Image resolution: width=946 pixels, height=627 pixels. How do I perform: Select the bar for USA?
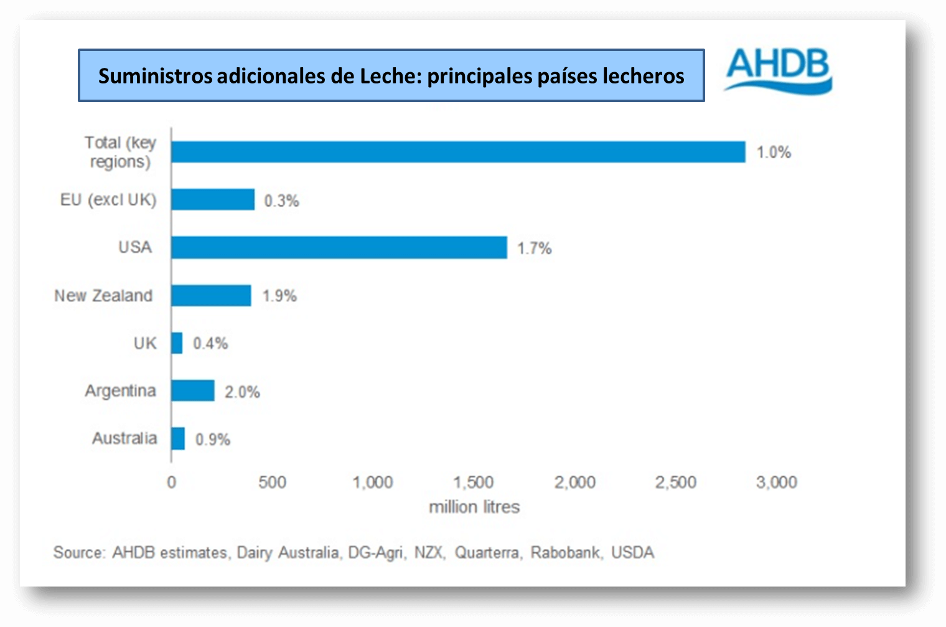pos(339,248)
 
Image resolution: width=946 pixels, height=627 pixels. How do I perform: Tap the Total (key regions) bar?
pos(458,152)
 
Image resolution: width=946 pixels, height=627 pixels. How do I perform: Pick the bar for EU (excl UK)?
pos(213,200)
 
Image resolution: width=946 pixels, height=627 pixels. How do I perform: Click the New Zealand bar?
pos(211,296)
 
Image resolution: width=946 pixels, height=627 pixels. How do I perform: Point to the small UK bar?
pos(177,343)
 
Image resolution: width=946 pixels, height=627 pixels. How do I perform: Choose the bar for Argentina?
pos(193,391)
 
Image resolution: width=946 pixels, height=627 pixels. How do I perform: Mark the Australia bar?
pos(178,438)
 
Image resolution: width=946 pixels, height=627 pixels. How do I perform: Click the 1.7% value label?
pos(535,248)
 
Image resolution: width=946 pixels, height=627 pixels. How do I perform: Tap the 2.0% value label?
pos(242,392)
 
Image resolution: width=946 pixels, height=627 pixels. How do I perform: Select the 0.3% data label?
pos(281,201)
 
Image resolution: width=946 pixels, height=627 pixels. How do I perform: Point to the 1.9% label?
pos(279,296)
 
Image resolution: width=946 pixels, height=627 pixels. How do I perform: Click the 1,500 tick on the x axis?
pos(474,483)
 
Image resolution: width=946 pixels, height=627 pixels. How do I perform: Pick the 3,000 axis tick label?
pos(777,483)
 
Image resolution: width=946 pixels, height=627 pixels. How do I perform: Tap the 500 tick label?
pos(273,483)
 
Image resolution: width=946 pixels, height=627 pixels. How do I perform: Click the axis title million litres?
pos(474,507)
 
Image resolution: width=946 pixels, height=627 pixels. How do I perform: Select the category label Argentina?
pos(120,391)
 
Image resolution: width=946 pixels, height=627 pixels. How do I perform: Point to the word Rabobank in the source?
pos(566,553)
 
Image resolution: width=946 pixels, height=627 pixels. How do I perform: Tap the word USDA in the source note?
pos(632,553)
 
